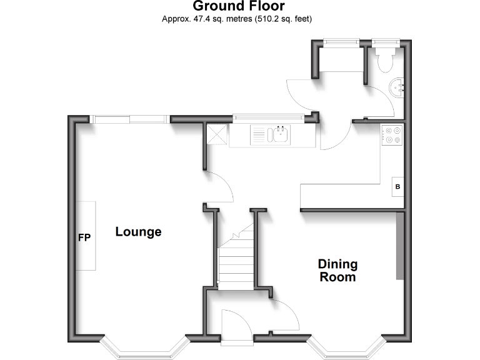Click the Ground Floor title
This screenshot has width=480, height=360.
pos(239,6)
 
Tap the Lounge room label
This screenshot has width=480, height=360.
pos(138,232)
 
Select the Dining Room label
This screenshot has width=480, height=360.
pos(337,270)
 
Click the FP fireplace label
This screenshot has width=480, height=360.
pos(84,237)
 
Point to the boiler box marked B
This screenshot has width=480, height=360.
pos(397,186)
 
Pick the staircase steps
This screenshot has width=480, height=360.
pos(236,259)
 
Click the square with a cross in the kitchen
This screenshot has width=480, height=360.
pos(217,134)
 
